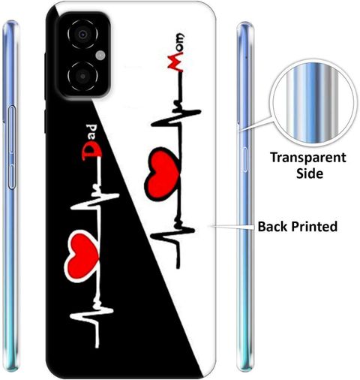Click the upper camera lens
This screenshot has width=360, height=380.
82,35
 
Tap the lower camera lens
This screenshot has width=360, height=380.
82,76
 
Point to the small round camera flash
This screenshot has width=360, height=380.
100,56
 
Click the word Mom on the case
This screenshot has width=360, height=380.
176,53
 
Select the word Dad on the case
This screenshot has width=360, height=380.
91,141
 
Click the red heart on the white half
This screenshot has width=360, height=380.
163,174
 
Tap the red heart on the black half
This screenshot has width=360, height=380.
82,256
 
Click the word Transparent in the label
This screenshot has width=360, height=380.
308,158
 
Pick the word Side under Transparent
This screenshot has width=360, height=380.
310,173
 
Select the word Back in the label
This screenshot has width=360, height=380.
273,226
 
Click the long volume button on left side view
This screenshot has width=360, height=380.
12,129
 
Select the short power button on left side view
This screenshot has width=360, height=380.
12,176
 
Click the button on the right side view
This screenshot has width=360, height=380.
244,160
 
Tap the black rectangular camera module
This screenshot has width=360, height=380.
84,55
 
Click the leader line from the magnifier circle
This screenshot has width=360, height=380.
256,124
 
